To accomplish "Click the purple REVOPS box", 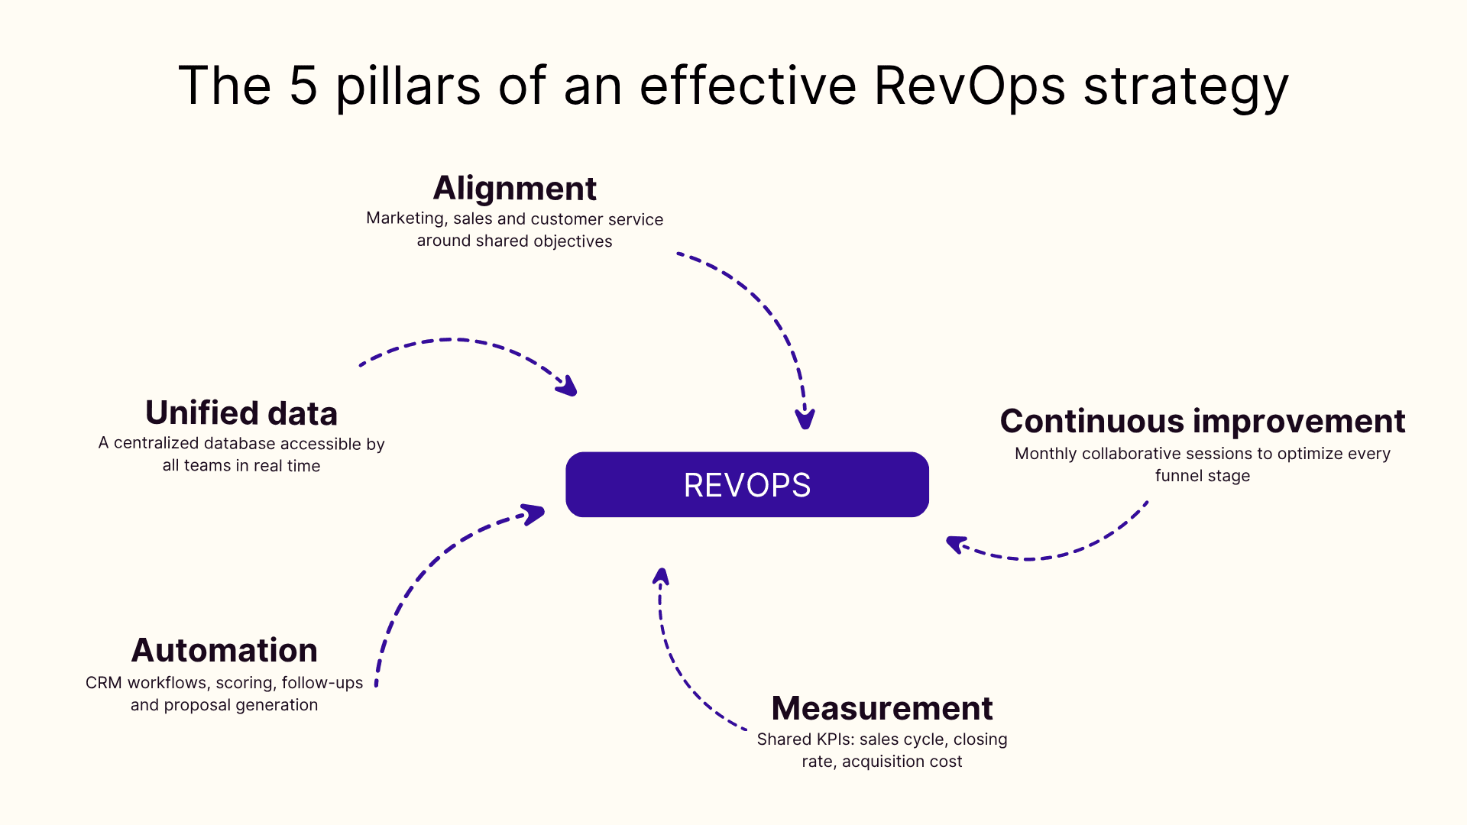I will tap(746, 484).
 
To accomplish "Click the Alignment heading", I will tap(514, 188).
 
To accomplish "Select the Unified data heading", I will tap(241, 412).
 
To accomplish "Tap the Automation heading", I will tap(224, 650).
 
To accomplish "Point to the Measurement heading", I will tap(882, 708).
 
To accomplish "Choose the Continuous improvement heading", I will tap(1202, 421).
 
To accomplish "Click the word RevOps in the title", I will tap(969, 86).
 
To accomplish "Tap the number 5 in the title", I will tap(303, 86).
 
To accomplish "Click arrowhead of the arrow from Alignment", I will tap(805, 419).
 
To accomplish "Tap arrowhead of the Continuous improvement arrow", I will tap(955, 544).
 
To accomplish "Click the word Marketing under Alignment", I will tap(406, 218).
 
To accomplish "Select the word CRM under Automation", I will tap(103, 683).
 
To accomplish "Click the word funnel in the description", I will tap(1177, 476).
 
